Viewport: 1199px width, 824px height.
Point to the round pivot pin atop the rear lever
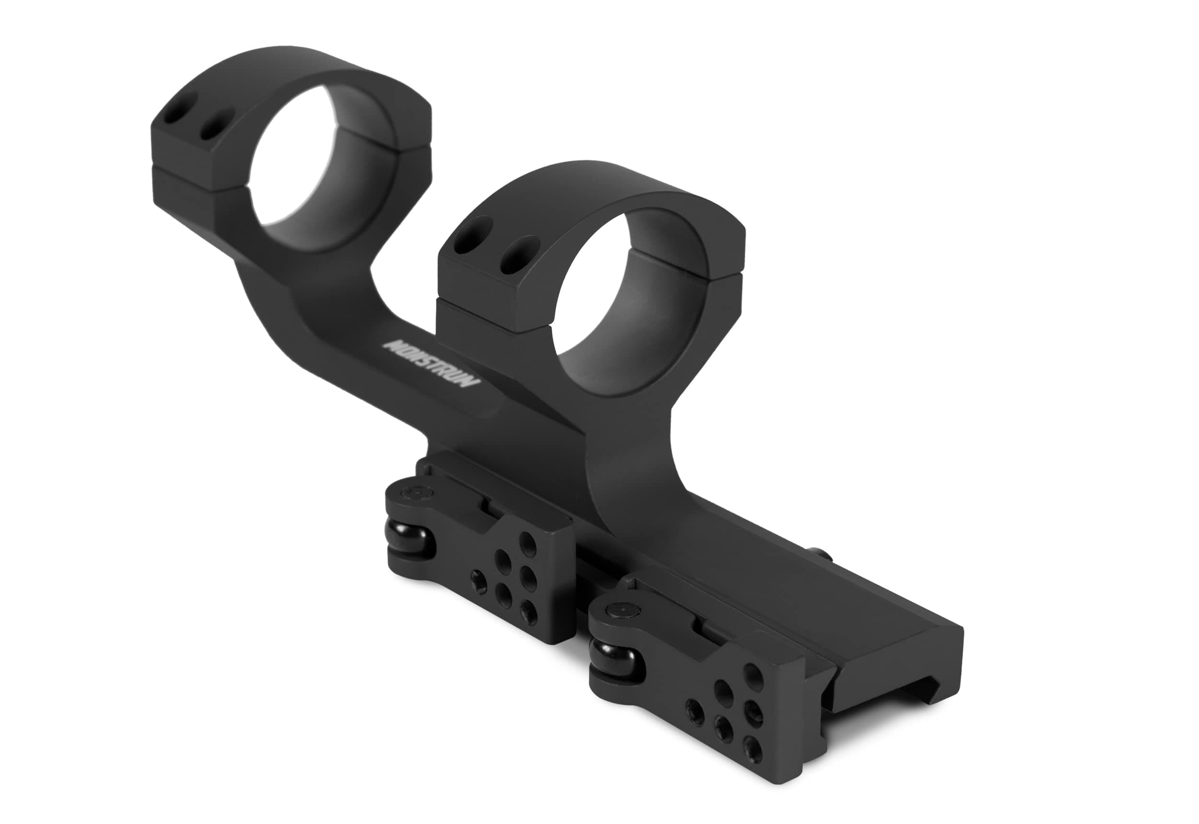coord(416,494)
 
